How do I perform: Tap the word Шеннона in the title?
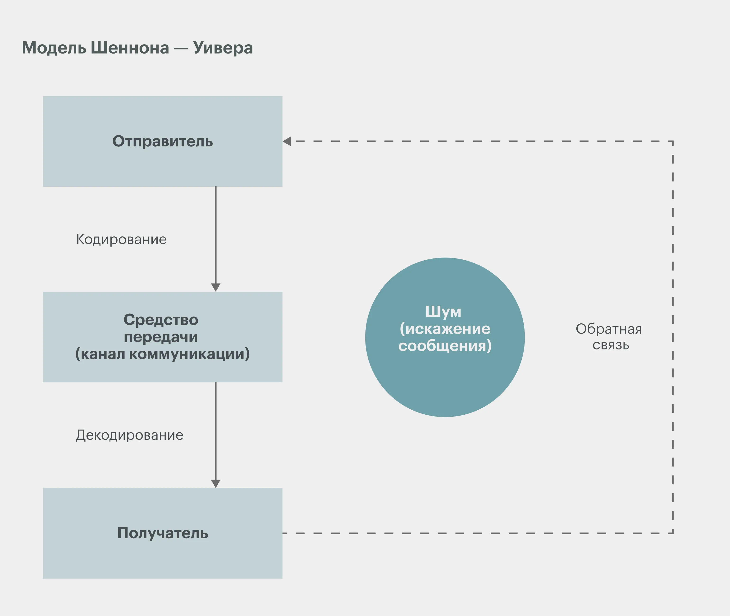(x=130, y=48)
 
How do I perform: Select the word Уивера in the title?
(x=223, y=48)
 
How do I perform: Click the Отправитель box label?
(x=162, y=141)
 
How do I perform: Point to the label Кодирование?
(x=121, y=240)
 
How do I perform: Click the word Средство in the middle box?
(x=161, y=320)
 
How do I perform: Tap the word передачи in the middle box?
(x=161, y=337)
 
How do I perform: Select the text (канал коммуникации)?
(x=162, y=354)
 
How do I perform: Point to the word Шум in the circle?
(x=443, y=312)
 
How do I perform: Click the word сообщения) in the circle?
(x=445, y=346)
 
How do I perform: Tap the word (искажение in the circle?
(x=445, y=329)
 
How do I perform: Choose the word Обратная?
(x=609, y=329)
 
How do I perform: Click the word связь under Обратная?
(x=611, y=345)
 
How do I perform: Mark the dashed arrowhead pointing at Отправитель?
(x=287, y=141)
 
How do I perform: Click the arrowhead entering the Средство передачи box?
(x=216, y=287)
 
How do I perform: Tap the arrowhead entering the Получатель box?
(x=216, y=483)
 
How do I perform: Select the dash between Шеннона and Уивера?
(x=181, y=49)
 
